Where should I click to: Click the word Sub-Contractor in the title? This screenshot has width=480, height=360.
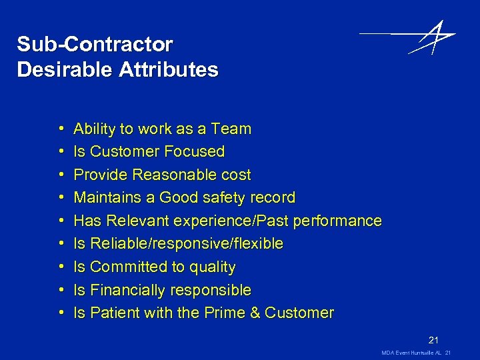[95, 45]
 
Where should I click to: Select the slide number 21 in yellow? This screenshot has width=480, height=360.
[434, 339]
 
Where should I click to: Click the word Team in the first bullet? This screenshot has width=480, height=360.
[230, 129]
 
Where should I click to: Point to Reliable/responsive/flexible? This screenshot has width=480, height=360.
[187, 244]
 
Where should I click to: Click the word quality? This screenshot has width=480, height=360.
[213, 267]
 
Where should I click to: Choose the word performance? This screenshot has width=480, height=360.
[339, 221]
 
